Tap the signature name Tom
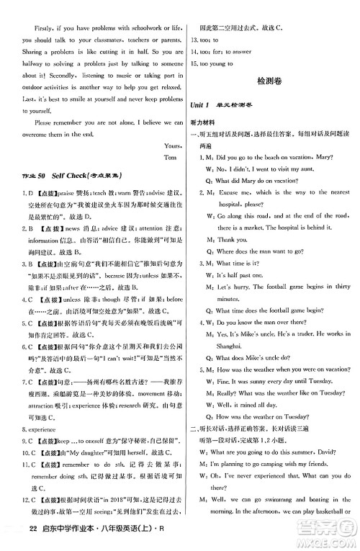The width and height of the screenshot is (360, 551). click(170, 156)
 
